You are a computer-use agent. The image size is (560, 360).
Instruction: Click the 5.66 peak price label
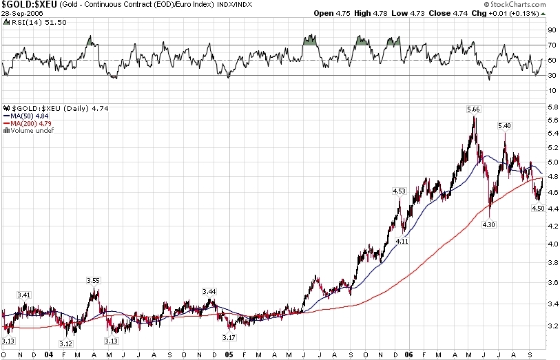473,109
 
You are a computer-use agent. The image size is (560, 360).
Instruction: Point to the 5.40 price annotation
504,126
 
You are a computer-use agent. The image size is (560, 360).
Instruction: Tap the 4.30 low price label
489,224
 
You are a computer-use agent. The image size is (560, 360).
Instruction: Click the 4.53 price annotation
399,191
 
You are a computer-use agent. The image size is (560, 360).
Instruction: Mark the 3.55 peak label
93,280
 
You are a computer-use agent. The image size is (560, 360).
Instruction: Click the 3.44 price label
209,292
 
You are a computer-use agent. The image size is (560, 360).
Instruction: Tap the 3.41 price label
24,295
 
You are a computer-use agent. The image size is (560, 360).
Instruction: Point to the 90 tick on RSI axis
552,30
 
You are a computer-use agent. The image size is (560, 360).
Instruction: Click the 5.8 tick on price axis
551,108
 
